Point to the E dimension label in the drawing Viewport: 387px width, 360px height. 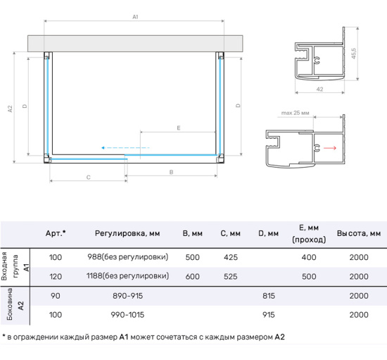coord(179,128)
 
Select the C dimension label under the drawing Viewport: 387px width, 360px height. coord(88,177)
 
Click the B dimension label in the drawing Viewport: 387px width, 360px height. coord(172,171)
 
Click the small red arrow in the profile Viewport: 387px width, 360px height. coord(329,148)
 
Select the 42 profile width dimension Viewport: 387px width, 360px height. coord(319,89)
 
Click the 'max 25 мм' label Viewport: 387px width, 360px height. coord(296,113)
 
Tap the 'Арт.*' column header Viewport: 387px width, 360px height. coord(56,233)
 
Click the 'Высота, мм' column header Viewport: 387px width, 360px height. coord(358,233)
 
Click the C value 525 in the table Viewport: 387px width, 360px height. coord(230,276)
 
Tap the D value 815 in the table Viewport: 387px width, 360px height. coord(268,296)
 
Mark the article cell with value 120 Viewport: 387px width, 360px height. coord(56,276)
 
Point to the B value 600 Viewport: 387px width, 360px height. coord(192,276)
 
